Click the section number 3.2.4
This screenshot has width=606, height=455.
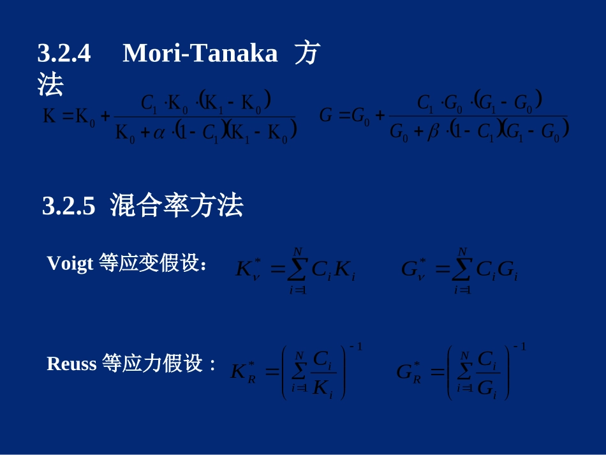point(64,54)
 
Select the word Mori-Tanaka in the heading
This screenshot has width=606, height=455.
point(200,54)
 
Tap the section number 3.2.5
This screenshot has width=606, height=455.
point(68,206)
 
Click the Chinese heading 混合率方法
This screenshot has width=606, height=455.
point(176,206)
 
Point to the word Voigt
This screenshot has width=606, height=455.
point(70,263)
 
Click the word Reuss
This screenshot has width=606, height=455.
point(71,364)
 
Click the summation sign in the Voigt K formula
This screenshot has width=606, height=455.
point(297,271)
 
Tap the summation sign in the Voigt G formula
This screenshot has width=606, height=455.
point(462,271)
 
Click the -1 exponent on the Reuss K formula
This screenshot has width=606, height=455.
point(355,347)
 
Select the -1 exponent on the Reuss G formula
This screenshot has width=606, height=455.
point(519,347)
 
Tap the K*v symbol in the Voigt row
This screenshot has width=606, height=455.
point(249,271)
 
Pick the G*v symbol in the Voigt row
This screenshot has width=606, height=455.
point(413,271)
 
